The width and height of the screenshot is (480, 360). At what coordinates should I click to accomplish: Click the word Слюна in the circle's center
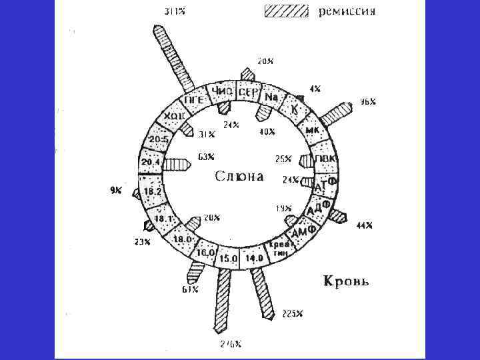click(x=239, y=177)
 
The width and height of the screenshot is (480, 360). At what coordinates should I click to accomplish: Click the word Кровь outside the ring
click(x=346, y=281)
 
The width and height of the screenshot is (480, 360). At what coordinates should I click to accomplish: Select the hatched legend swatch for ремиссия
click(x=287, y=11)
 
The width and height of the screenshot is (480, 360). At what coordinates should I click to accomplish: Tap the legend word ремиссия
click(x=347, y=11)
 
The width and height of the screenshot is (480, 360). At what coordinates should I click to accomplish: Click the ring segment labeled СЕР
click(x=249, y=92)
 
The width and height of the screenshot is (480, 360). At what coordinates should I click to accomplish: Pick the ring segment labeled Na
click(x=271, y=97)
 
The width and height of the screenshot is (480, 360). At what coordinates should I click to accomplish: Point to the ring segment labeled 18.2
click(x=153, y=191)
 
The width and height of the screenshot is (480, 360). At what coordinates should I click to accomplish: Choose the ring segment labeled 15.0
click(x=229, y=258)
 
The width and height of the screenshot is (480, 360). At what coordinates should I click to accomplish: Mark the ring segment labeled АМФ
click(x=304, y=231)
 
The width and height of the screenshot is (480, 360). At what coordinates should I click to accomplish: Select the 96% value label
click(x=368, y=102)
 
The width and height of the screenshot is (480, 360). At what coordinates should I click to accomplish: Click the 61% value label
click(x=190, y=290)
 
